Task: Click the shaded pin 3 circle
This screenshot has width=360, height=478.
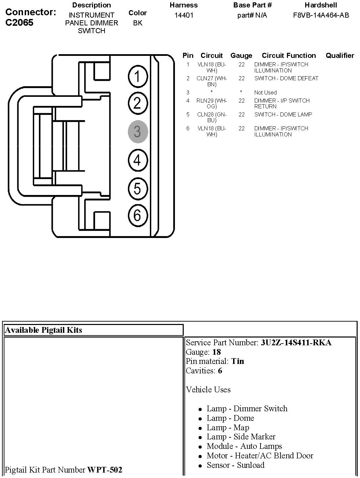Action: coord(138,132)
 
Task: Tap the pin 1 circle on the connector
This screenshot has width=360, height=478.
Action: coord(138,76)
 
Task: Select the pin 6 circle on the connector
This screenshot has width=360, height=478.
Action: coord(138,215)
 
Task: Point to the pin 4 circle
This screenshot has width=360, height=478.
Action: coord(138,160)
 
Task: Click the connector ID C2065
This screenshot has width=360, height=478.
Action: coord(20,23)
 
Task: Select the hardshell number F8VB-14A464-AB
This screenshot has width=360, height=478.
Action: coord(321,16)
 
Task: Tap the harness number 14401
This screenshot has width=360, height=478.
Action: coord(184,16)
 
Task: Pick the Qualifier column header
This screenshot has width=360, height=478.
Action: coord(340,56)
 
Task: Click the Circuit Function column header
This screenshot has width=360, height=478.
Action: coord(289,56)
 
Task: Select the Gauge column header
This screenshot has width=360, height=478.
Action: coord(241,56)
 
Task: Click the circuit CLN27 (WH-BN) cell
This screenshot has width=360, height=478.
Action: coord(212,81)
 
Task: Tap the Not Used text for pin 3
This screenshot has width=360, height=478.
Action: coord(265,92)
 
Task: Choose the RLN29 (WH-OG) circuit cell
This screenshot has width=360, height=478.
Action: coord(212,103)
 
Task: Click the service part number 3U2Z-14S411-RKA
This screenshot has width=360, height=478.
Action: coord(296,343)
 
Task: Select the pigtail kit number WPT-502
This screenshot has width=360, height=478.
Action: coord(105,470)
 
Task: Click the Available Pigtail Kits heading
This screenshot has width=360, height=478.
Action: coord(44,330)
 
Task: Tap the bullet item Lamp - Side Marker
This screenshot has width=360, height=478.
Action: coord(241,437)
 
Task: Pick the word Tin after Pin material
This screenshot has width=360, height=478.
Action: coord(238,361)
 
